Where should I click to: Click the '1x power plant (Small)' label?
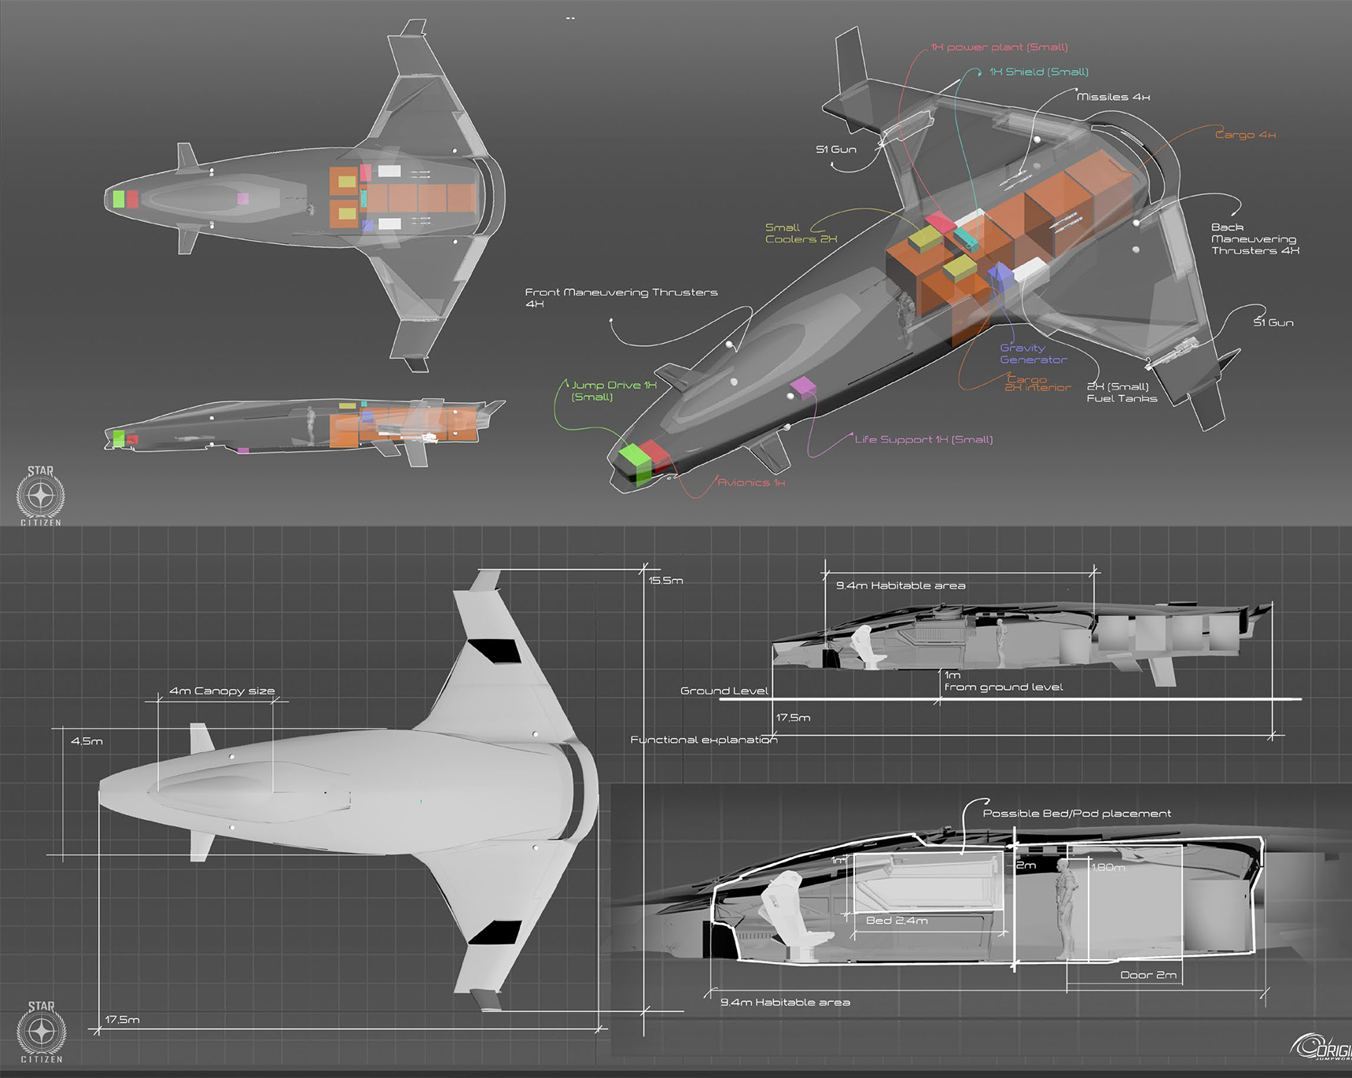click(999, 47)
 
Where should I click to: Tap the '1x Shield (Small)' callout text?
click(1038, 72)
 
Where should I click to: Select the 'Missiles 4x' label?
click(1113, 97)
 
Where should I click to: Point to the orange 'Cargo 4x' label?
click(1245, 135)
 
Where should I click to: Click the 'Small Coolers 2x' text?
click(801, 234)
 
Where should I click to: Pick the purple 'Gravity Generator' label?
click(1033, 353)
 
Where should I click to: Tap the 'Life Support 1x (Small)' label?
click(923, 439)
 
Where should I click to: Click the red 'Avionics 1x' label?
click(750, 482)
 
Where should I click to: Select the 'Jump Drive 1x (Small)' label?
click(613, 390)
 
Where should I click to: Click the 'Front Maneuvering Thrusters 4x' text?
click(621, 297)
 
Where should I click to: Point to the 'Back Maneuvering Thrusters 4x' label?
click(1254, 238)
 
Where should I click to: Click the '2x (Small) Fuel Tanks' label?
click(1122, 392)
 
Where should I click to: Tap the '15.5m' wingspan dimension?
click(665, 581)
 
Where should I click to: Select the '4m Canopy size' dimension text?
click(222, 691)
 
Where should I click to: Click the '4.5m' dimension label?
click(87, 741)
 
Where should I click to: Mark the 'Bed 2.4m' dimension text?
click(897, 921)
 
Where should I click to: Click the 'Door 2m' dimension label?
click(1148, 975)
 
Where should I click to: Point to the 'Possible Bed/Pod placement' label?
click(1077, 814)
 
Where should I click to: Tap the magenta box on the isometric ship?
click(802, 386)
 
